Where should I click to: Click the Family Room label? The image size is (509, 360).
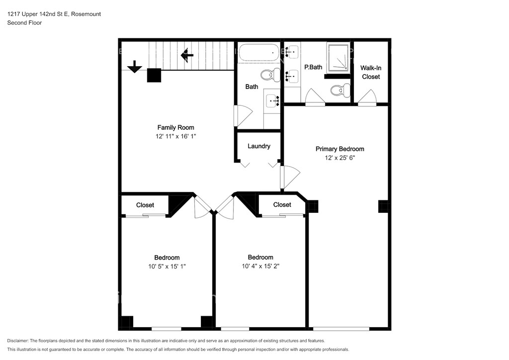(175, 128)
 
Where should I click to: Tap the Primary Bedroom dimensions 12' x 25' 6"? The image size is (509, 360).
(340, 158)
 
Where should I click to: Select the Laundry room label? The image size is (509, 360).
(258, 146)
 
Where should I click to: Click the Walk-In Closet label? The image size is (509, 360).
(371, 73)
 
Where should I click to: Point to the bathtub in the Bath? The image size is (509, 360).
(259, 52)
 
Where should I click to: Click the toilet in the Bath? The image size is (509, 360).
(270, 75)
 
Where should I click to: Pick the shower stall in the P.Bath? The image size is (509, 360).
(338, 58)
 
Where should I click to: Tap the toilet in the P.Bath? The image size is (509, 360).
(340, 90)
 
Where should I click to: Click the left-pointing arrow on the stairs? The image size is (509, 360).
(187, 55)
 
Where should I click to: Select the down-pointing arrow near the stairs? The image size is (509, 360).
(134, 67)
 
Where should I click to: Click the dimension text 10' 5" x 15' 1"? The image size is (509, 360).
(167, 267)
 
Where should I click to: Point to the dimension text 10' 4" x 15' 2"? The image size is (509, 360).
(260, 266)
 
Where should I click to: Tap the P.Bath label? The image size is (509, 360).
(313, 67)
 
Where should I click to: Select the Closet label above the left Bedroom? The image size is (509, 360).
(145, 205)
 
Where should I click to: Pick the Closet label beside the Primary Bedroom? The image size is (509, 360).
(282, 205)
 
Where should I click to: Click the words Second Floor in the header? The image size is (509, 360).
(24, 23)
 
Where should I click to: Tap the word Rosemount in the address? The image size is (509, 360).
(86, 14)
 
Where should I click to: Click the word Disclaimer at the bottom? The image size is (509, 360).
(18, 341)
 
